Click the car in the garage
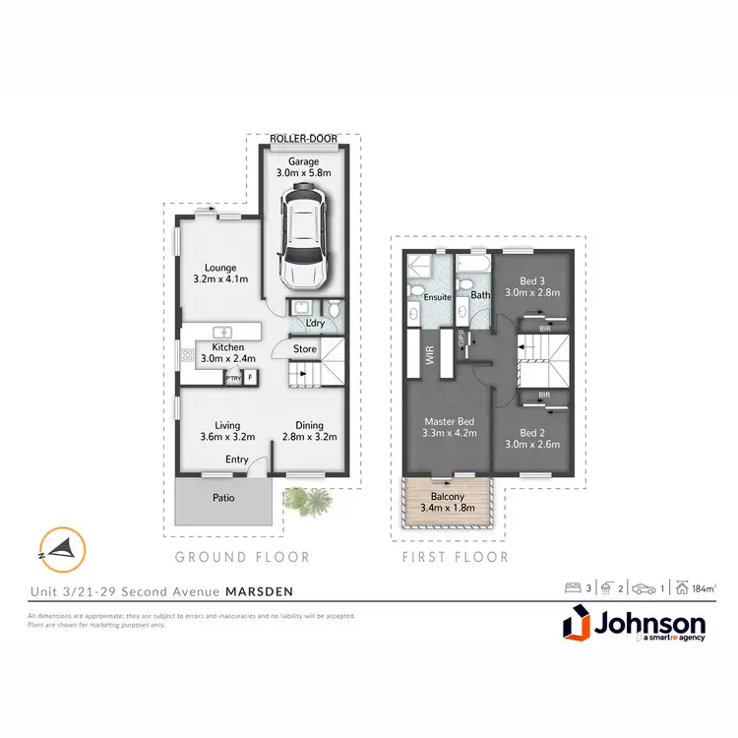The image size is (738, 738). (303, 232)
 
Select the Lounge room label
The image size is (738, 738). (220, 267)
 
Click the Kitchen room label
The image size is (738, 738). (228, 347)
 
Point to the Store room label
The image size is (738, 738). (304, 348)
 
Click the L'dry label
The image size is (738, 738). (315, 324)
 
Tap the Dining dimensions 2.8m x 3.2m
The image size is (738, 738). (310, 437)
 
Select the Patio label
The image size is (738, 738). (223, 498)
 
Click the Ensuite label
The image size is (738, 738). (437, 295)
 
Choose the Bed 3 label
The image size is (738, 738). (531, 278)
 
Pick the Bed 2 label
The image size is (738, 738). (531, 432)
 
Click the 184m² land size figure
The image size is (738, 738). (703, 588)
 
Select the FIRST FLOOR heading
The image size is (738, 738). (456, 557)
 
